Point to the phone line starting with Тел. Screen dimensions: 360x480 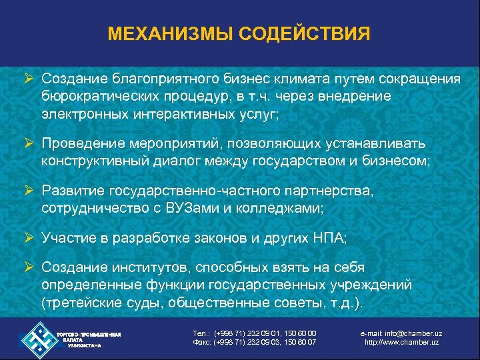pyautogui.click(x=254, y=333)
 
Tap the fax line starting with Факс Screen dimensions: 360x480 pyautogui.click(x=254, y=343)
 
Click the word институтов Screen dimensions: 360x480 pyautogui.click(x=150, y=268)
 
